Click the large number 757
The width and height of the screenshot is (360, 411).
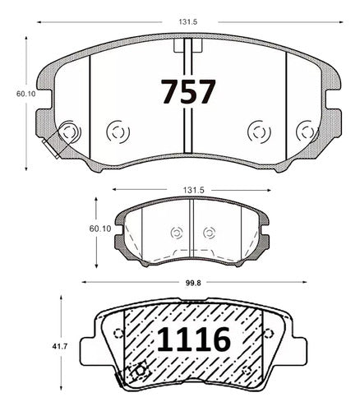tap(188, 91)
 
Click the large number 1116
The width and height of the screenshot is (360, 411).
tap(193, 339)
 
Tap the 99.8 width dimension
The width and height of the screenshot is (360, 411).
tap(193, 283)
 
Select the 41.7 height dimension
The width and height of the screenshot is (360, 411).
tap(60, 346)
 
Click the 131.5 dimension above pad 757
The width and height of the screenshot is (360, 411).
tap(188, 22)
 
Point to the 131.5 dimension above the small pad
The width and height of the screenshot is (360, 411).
tap(194, 190)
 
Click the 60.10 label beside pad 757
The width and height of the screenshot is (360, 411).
tap(26, 94)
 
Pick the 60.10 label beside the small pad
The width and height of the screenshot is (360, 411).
tap(100, 229)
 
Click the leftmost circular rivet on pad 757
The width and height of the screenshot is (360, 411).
tap(69, 132)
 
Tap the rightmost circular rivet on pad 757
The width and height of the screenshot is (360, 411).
tap(307, 132)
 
